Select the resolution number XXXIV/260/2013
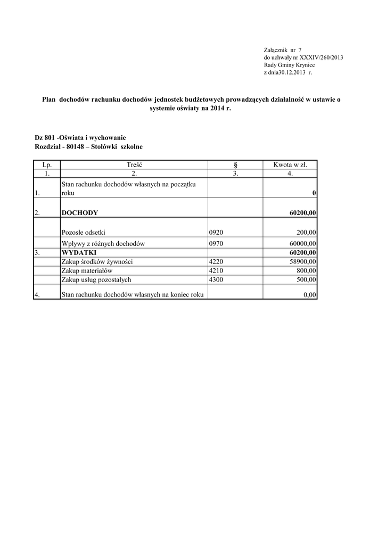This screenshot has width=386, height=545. [x=322, y=57]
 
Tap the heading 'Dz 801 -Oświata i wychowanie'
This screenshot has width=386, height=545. [x=80, y=137]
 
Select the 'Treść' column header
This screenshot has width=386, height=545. [x=134, y=165]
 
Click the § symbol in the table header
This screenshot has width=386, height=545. [x=235, y=165]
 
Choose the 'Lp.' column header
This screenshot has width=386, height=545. [x=47, y=165]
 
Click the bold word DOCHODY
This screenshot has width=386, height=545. [x=80, y=212]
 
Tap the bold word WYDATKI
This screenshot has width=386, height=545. [x=79, y=252]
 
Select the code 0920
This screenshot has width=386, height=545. [x=217, y=232]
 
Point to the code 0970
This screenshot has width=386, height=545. [x=217, y=243]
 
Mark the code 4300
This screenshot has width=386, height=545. [x=217, y=279]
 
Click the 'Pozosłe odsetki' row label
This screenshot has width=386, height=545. [x=84, y=232]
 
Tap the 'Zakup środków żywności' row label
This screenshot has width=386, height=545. [x=97, y=261]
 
